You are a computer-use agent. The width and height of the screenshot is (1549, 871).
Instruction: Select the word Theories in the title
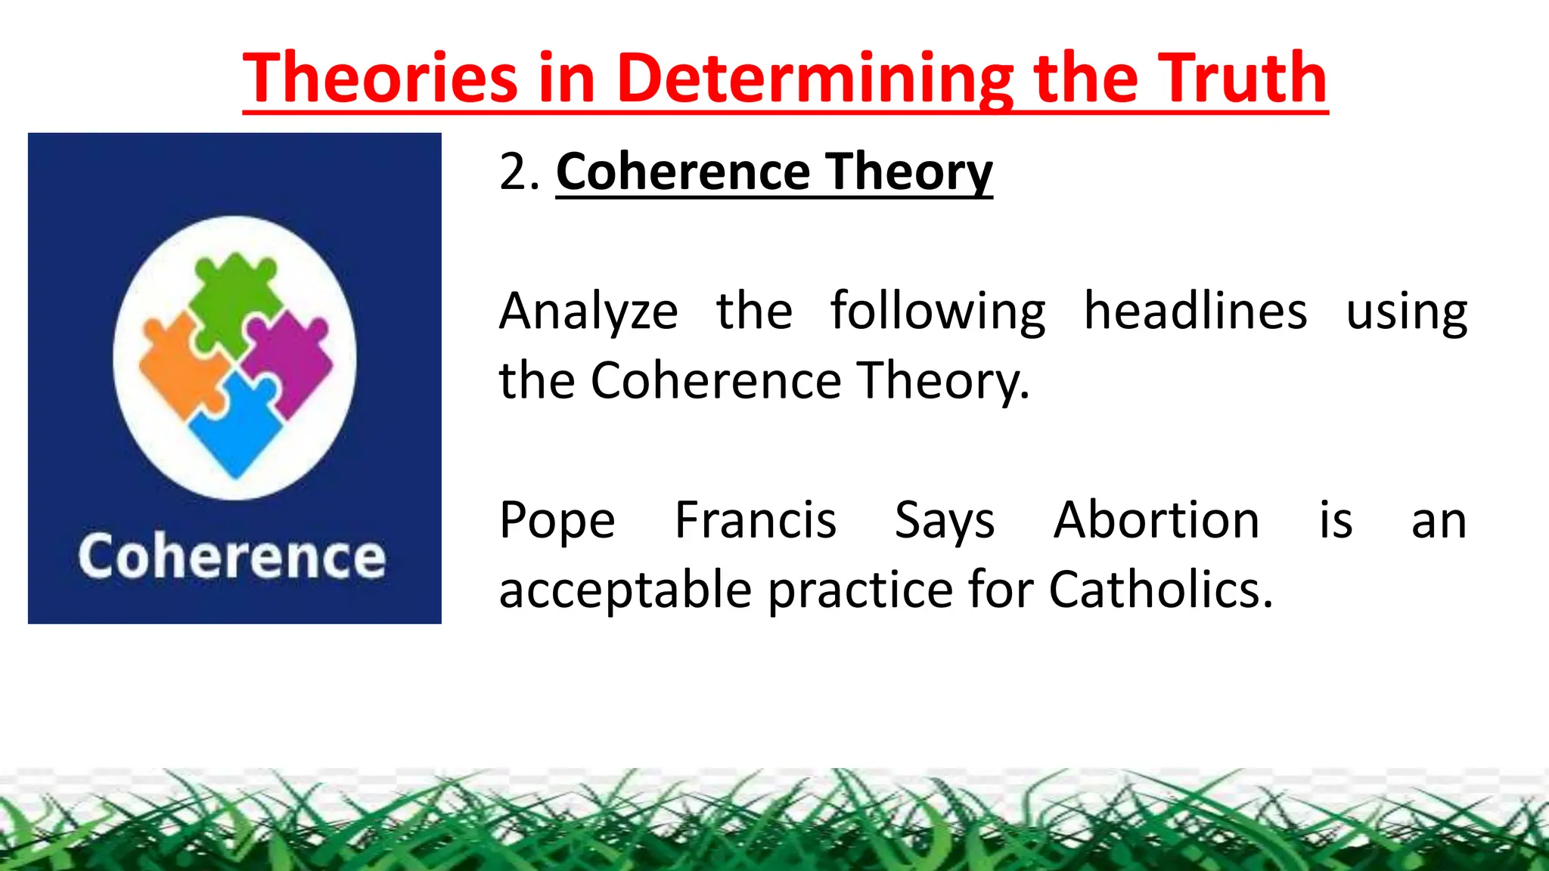(x=380, y=78)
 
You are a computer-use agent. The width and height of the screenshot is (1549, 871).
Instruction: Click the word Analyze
(x=588, y=312)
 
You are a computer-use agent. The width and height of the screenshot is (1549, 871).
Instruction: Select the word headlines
(x=1195, y=312)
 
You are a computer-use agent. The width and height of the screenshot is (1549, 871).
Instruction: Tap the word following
(x=938, y=312)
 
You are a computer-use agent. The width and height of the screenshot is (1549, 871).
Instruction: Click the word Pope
(x=557, y=521)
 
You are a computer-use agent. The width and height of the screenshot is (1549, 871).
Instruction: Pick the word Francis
(x=755, y=520)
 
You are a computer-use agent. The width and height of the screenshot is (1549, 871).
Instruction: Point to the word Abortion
(x=1156, y=520)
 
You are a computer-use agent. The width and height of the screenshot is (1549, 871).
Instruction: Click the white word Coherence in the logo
(x=232, y=557)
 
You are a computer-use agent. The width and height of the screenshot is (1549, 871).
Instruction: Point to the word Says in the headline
(x=944, y=522)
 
